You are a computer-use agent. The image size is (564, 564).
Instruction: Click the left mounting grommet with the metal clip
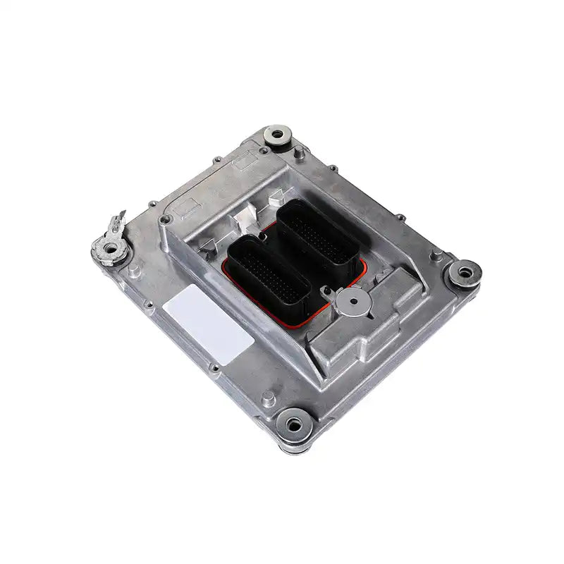coord(109,247)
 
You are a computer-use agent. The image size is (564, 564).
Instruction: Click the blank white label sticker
coord(209,324)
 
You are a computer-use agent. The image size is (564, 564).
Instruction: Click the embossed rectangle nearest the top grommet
coord(246,162)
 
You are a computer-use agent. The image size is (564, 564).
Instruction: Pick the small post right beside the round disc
coord(326,291)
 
